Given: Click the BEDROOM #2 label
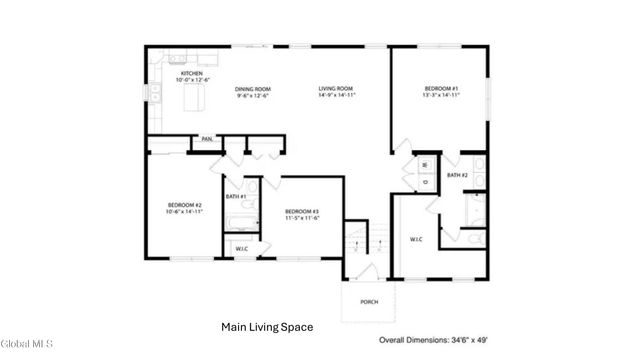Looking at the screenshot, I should point(184,208).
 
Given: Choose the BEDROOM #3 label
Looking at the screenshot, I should point(301,214).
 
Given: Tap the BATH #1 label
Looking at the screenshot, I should point(236,196).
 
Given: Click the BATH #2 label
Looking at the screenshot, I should point(458,176).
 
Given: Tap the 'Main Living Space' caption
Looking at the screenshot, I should point(266,327).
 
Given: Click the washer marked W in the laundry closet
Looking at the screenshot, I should point(424,163).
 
